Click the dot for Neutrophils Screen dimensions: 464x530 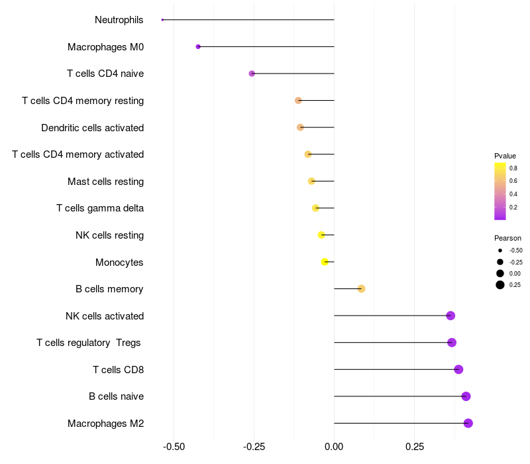click(x=162, y=20)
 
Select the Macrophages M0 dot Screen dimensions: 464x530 click(x=198, y=46)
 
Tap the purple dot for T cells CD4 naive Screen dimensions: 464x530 click(x=252, y=74)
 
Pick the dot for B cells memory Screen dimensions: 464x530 click(x=361, y=288)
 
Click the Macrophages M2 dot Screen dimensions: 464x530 click(x=468, y=423)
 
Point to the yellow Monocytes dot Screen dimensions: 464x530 click(x=325, y=262)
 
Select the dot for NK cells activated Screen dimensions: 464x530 click(x=450, y=316)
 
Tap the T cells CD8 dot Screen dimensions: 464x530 click(x=458, y=369)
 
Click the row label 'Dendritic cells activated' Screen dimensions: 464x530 click(x=92, y=127)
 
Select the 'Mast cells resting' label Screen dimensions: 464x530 click(x=105, y=181)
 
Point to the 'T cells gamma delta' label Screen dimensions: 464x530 click(x=100, y=208)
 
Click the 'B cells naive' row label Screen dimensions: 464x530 click(x=116, y=396)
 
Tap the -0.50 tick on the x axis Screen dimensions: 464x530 click(x=174, y=447)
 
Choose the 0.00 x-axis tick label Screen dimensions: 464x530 click(x=334, y=447)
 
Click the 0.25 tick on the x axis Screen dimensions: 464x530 click(x=415, y=447)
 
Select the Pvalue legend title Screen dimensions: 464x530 click(x=505, y=156)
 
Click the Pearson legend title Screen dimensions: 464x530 click(x=507, y=238)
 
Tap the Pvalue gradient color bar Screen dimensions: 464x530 click(x=500, y=191)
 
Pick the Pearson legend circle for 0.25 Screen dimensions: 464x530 click(x=500, y=285)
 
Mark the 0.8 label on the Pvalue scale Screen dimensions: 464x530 click(x=513, y=168)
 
